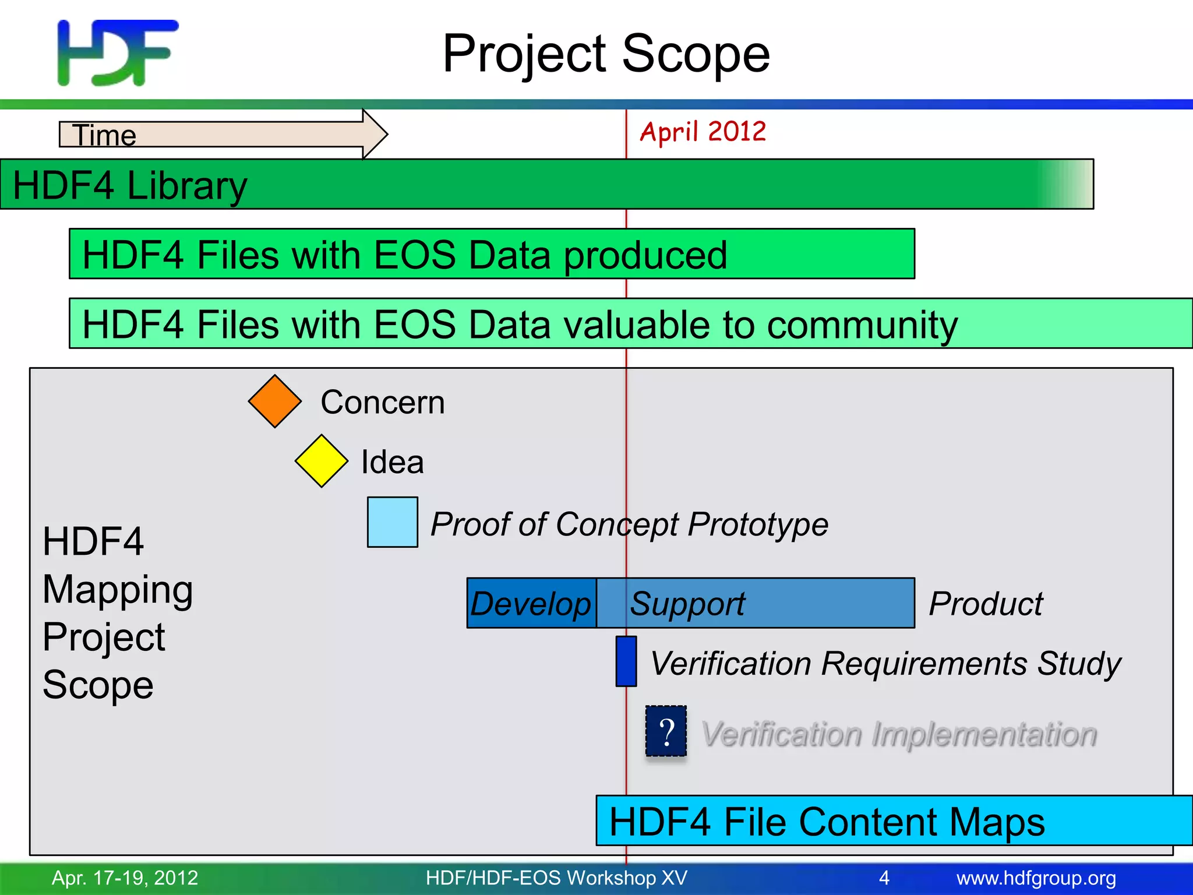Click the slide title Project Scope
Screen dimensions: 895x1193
pos(606,54)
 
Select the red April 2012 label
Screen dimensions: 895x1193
pos(703,132)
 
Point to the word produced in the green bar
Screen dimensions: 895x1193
pos(645,255)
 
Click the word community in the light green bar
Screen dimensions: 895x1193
pos(862,325)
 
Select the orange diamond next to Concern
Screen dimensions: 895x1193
pos(274,401)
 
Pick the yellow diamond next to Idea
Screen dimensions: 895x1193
pos(321,461)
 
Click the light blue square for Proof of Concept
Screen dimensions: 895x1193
pos(392,522)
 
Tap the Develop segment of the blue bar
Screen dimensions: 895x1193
pos(531,603)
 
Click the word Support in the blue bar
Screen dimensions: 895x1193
pos(687,604)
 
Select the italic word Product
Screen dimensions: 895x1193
pos(986,604)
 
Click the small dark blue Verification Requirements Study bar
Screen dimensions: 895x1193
pos(626,661)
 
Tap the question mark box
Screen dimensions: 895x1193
pos(666,731)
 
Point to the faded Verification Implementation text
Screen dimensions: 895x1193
pos(899,734)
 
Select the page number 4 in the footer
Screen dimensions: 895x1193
pos(884,878)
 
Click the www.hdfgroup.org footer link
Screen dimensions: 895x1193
pos(1036,878)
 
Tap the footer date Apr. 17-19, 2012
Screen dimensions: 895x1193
pos(125,878)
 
